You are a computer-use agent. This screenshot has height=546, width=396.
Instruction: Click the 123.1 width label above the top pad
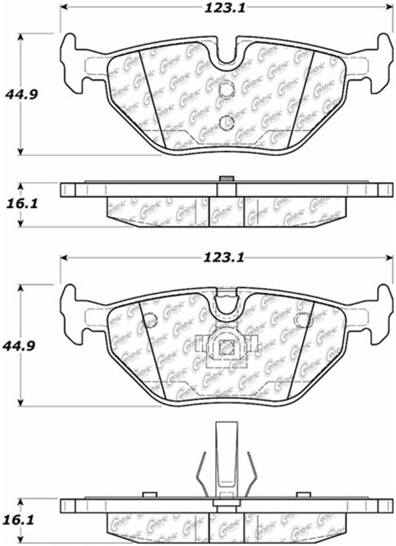point(224,9)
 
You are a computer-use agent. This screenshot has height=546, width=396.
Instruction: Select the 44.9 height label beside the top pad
point(20,94)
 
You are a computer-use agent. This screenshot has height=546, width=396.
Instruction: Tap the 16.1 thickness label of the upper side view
point(21,204)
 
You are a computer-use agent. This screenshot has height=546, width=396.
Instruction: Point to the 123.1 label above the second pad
point(224,258)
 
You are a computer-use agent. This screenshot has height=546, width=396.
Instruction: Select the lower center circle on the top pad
point(226,123)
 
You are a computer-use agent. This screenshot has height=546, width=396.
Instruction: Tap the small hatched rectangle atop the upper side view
point(226,178)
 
